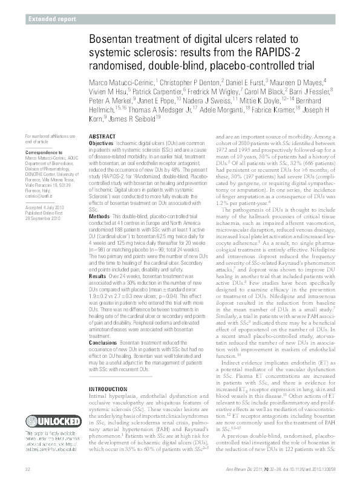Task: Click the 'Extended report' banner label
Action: (x=52, y=19)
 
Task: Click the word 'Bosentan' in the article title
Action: (x=112, y=39)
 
